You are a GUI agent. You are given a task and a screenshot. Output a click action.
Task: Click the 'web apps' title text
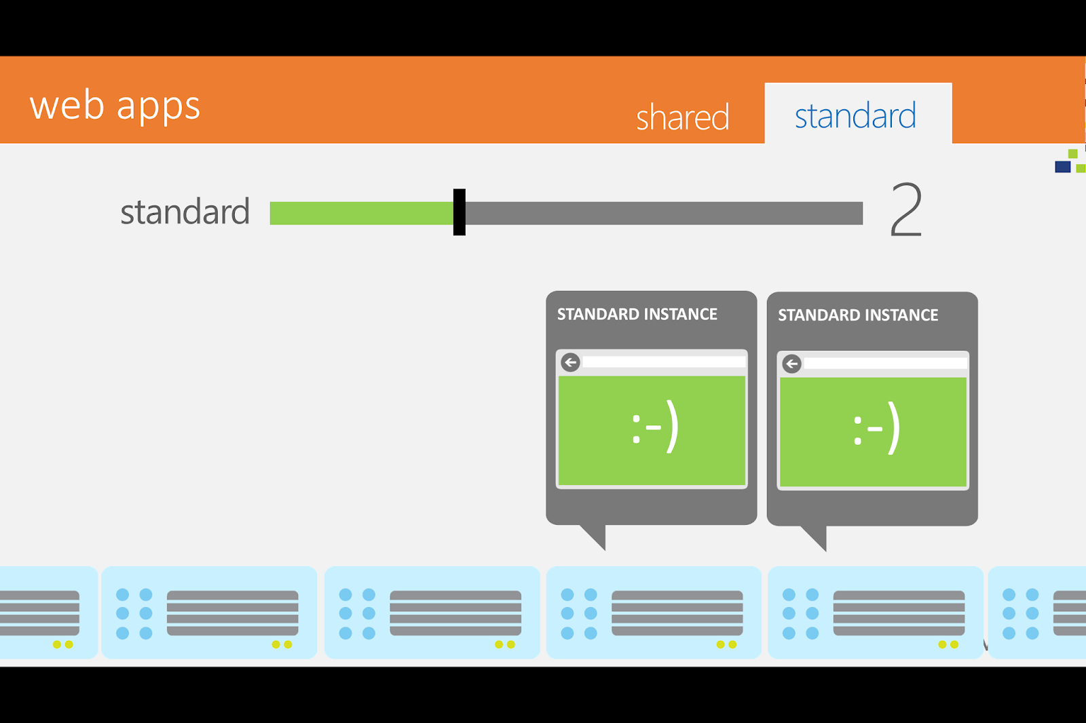(115, 106)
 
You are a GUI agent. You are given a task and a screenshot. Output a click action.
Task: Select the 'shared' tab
(682, 117)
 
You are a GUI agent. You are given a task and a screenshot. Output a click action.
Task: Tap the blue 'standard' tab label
(855, 115)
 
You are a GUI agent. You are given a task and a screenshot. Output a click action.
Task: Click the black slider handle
(460, 212)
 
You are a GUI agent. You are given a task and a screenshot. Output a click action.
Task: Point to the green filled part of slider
(360, 213)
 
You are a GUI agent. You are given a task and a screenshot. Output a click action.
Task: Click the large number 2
(906, 210)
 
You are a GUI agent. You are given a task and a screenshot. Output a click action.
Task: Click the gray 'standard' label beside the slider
(185, 212)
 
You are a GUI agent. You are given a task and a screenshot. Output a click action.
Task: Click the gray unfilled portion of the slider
(662, 213)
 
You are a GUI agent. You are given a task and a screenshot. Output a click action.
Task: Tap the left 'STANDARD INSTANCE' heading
(637, 314)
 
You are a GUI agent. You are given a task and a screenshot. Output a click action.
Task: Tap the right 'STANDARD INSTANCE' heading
(858, 315)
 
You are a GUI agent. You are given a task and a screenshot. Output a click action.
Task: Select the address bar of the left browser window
(663, 362)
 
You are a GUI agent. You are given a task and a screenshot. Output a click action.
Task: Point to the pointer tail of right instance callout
(817, 536)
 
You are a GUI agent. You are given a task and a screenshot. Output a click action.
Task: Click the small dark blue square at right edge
(1062, 167)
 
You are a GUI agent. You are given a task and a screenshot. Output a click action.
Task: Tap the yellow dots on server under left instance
(726, 644)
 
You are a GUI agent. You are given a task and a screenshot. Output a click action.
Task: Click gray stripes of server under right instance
(899, 612)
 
